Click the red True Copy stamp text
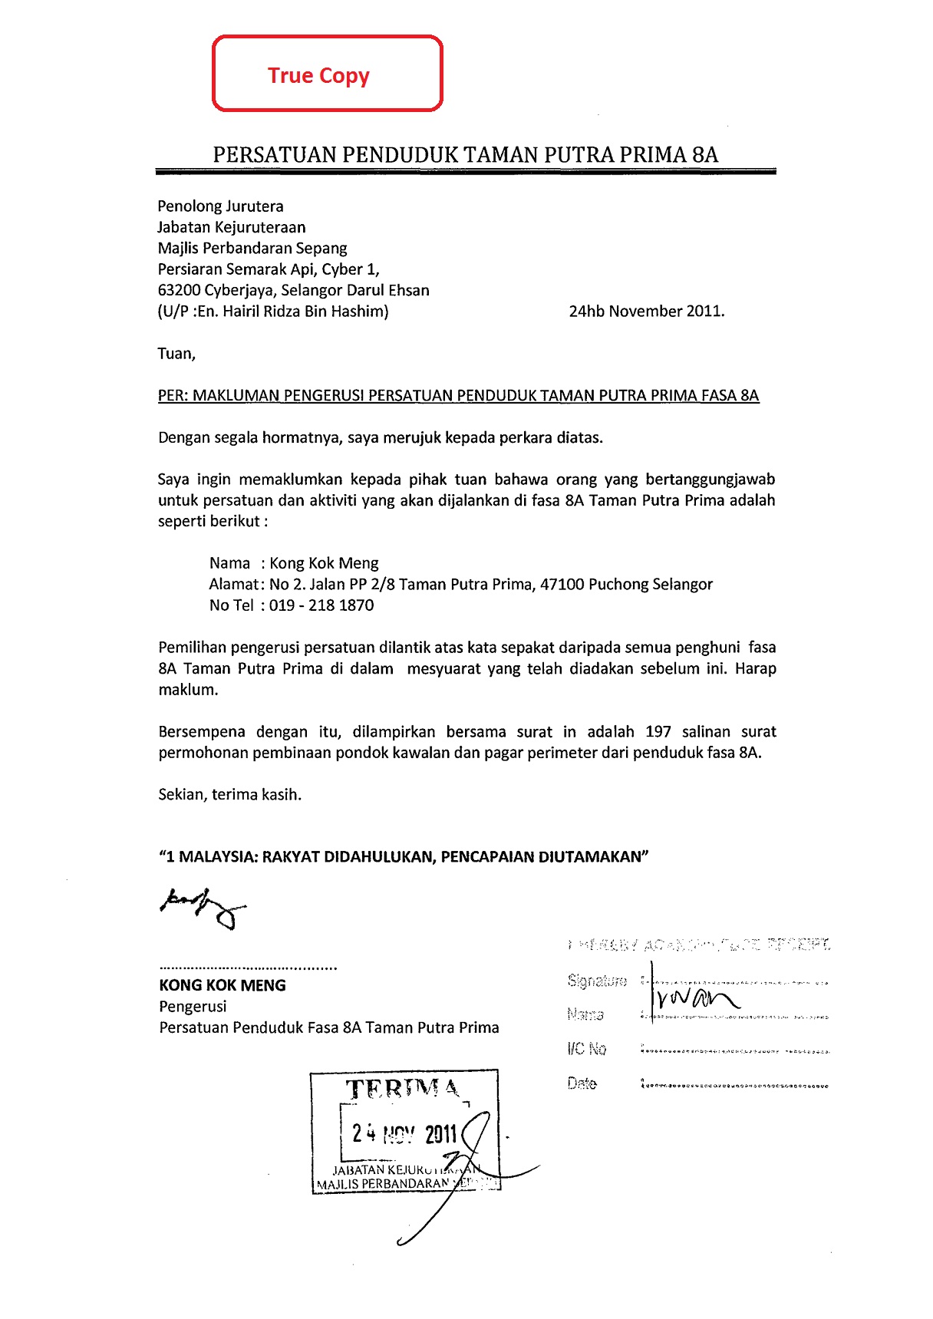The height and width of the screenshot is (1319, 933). [x=318, y=75]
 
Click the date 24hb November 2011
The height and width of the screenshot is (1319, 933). [x=646, y=312]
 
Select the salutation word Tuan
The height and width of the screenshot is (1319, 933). [x=176, y=354]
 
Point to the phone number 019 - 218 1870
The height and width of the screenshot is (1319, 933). [x=321, y=605]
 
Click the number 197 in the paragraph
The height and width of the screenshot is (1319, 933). [x=658, y=732]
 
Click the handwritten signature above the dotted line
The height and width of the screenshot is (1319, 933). [x=203, y=907]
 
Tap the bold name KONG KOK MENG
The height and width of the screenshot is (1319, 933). [x=223, y=986]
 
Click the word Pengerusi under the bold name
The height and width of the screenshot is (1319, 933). [x=193, y=1007]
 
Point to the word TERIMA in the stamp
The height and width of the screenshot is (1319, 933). [x=403, y=1089]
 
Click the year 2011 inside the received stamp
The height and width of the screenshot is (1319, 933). [x=441, y=1134]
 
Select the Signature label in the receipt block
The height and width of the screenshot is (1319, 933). [x=597, y=981]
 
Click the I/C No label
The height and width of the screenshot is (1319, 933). [x=587, y=1049]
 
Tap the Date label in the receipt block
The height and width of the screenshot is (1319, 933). [x=582, y=1083]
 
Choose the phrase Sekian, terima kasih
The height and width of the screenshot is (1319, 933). [x=230, y=795]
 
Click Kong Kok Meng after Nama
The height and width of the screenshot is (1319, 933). [x=324, y=563]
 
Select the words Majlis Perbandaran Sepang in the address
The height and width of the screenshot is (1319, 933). [x=252, y=249]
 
